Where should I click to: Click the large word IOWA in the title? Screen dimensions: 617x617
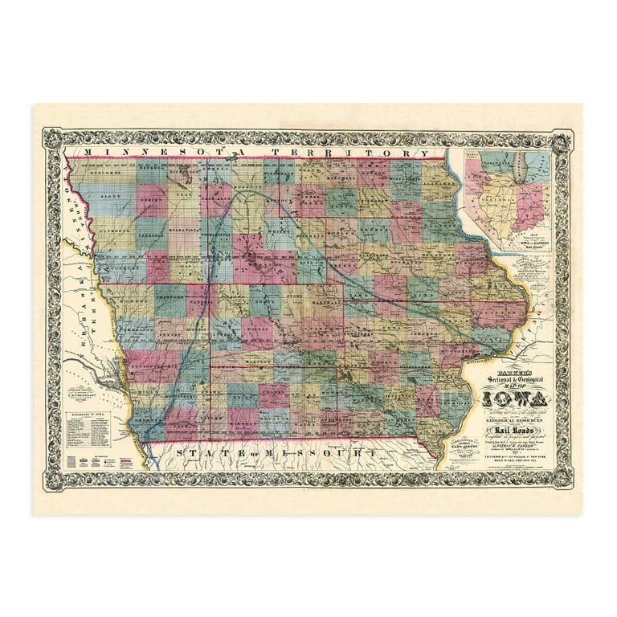(514, 397)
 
